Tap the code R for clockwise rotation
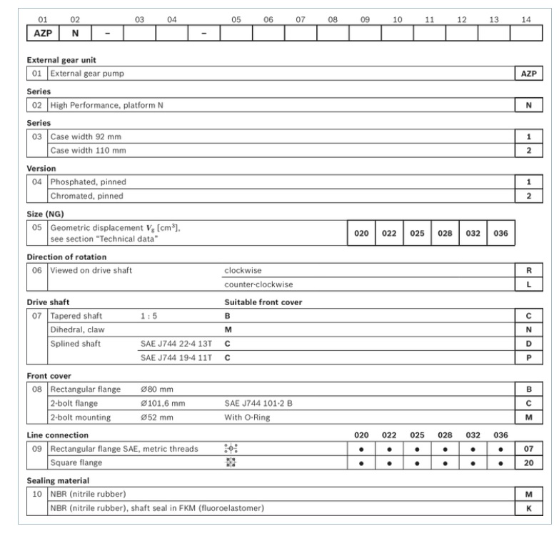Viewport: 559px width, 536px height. pos(526,272)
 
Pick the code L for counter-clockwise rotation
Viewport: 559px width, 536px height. pos(526,284)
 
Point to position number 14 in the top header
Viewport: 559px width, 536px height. pos(526,19)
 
